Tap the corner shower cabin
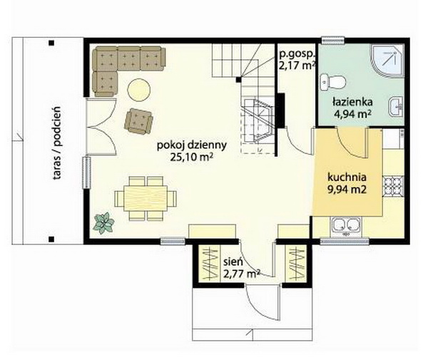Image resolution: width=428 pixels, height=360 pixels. point(387,60)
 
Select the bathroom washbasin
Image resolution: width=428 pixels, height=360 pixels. point(395,107)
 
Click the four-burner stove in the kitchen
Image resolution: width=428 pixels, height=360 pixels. point(393,186)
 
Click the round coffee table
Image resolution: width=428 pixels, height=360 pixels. point(139,90)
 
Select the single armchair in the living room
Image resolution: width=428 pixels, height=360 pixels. point(138,121)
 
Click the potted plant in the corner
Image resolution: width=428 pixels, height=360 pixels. point(103,223)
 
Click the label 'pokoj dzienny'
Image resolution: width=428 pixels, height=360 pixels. point(192,145)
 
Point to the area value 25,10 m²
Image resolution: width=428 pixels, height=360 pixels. point(191,158)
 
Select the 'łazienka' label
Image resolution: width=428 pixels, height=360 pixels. point(352,102)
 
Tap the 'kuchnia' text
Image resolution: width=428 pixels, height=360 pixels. point(347,178)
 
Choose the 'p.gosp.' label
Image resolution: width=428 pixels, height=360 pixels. point(297,55)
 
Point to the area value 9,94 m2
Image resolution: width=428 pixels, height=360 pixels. point(347,189)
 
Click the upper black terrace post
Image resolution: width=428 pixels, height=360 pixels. point(51,43)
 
